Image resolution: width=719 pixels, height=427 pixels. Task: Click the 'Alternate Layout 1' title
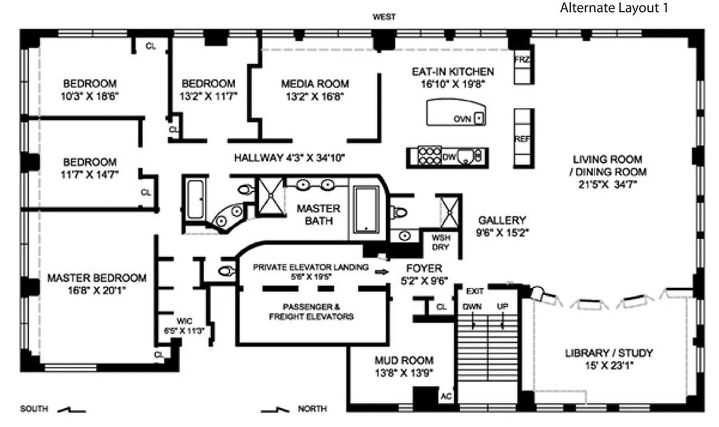point(613,8)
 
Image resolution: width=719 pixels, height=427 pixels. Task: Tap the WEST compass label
point(384,17)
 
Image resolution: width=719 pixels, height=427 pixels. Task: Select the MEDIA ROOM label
point(315,84)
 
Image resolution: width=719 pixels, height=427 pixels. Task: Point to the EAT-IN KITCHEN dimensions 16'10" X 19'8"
point(452,84)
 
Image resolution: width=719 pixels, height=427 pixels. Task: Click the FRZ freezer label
point(522,59)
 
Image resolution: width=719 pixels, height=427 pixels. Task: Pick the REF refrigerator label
point(522,139)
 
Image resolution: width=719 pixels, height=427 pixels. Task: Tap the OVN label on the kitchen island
point(462,119)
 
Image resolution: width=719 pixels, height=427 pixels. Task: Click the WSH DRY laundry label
point(441,243)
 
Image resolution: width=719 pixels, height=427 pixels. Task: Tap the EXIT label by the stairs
point(475,291)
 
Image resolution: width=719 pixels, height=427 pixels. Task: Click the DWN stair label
point(472,307)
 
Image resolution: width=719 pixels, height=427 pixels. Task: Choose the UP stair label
point(502,307)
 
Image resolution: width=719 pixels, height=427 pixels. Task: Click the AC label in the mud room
point(446,397)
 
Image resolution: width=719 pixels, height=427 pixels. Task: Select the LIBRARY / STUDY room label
point(609,353)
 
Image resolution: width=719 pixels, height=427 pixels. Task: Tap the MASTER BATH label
point(318,213)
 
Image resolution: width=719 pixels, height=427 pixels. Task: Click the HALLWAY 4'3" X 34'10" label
point(290,157)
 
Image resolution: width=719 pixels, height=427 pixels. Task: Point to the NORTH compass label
point(312,409)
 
